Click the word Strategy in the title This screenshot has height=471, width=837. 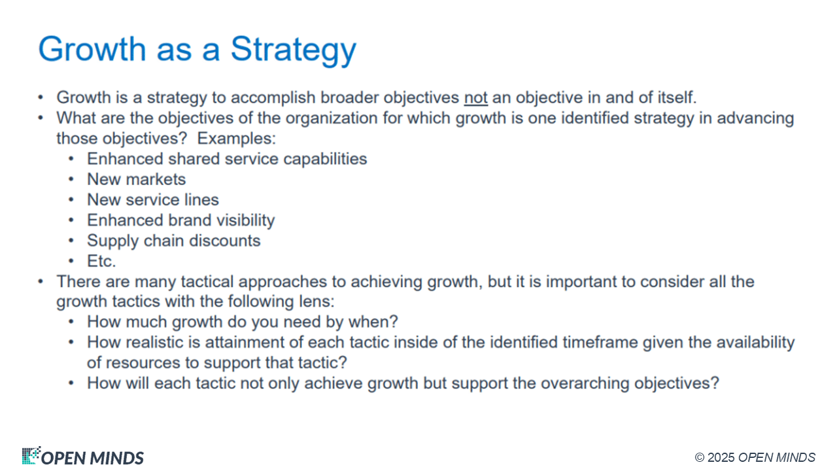[294, 50]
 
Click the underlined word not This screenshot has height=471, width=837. [475, 98]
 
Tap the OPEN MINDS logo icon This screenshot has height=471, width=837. [31, 455]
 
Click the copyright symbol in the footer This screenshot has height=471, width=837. [700, 457]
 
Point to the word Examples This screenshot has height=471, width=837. [236, 139]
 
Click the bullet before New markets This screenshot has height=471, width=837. [71, 179]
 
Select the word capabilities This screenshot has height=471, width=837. [325, 159]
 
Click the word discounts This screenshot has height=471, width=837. [224, 241]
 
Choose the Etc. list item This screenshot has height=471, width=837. [101, 261]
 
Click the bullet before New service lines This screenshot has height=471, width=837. [71, 200]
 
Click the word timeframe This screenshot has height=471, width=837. [600, 342]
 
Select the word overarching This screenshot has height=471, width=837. [585, 383]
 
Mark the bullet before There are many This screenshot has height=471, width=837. [41, 281]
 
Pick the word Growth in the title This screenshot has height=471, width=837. [92, 49]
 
